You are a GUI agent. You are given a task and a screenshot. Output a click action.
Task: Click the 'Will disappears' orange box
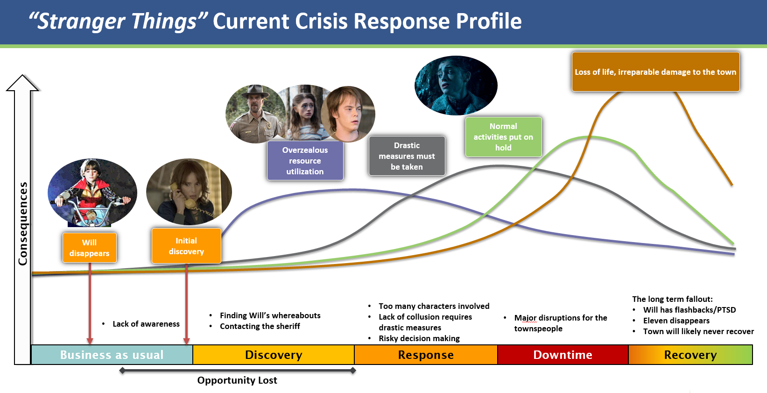[x=89, y=248]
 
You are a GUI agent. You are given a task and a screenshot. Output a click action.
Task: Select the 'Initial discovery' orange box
[x=186, y=246]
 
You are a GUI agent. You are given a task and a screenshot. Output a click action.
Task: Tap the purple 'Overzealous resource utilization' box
[x=305, y=161]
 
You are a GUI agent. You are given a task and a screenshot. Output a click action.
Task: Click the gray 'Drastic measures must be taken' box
[x=407, y=156]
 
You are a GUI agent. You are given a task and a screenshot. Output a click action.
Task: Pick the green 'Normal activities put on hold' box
[x=503, y=137]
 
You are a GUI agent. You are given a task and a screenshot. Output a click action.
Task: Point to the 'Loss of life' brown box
[x=655, y=72]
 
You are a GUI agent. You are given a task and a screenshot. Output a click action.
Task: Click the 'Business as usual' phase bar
[x=112, y=355]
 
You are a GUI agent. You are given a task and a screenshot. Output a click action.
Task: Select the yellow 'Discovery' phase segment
[x=274, y=355]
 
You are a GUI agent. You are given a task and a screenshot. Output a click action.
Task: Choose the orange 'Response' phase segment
[x=426, y=355]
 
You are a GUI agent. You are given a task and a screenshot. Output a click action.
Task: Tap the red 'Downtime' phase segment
[x=563, y=355]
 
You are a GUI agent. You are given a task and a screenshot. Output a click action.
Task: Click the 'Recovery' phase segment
[x=690, y=355]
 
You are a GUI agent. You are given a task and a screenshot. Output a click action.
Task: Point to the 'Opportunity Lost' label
[x=237, y=380]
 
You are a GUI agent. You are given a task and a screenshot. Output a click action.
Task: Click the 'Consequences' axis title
[x=23, y=223]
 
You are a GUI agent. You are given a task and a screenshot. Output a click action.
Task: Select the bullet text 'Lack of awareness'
[x=146, y=324]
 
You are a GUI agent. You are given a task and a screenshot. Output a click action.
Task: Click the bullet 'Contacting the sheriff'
[x=260, y=326]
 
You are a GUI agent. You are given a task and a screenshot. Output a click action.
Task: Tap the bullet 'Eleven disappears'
[x=676, y=321]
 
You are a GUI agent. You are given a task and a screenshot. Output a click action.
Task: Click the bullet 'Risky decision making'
[x=419, y=338]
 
